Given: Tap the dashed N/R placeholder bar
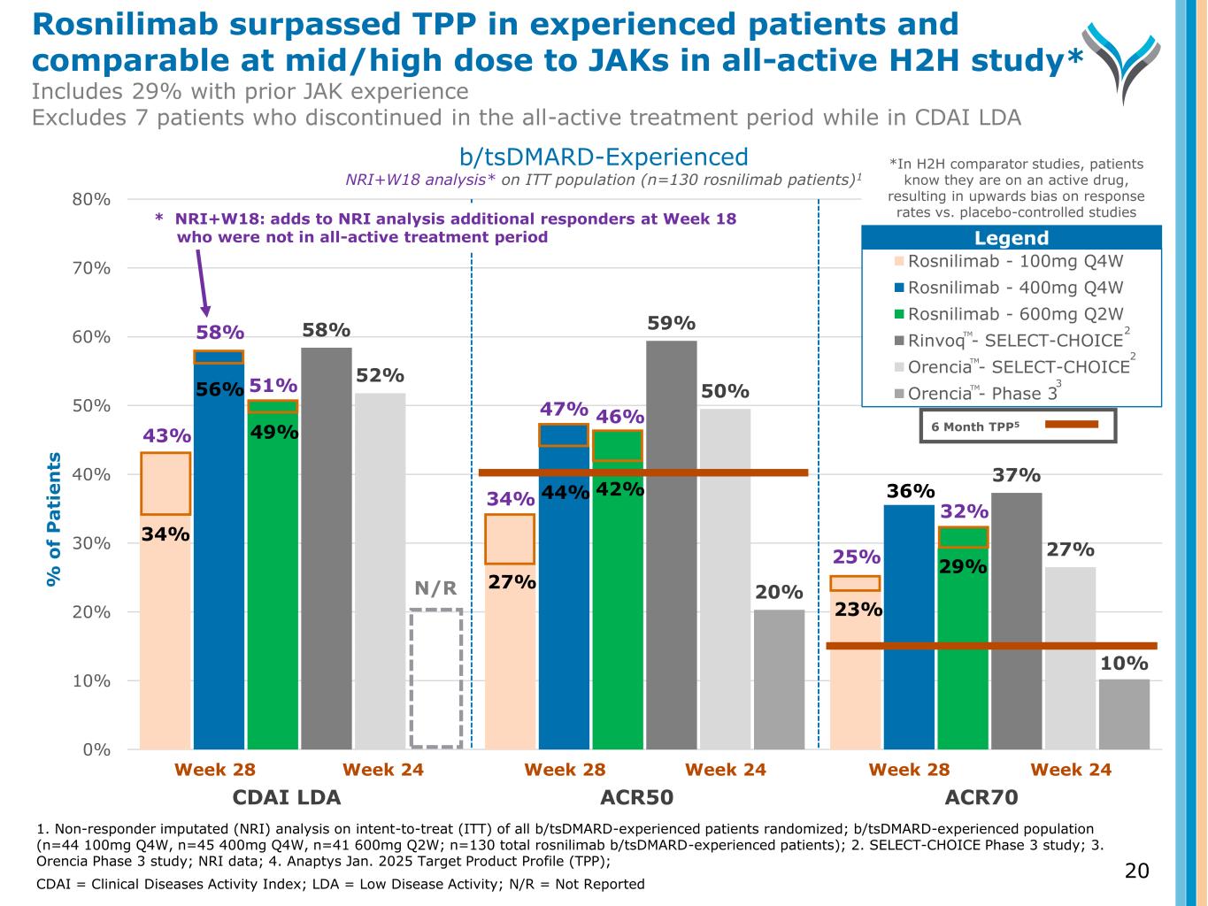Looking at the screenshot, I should tap(435, 678).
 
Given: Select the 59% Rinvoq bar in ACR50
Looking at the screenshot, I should tap(671, 544).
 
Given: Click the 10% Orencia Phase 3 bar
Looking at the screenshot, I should tap(1124, 714).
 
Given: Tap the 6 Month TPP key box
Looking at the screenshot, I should tap(1019, 425).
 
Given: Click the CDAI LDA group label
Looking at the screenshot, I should tap(286, 797).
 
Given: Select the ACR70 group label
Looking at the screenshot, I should tap(981, 797).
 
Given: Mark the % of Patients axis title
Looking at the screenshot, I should tap(55, 519).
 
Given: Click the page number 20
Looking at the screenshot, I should tap(1136, 871).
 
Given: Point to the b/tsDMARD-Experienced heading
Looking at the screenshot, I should tap(604, 157).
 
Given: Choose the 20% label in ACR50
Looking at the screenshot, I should tap(779, 592).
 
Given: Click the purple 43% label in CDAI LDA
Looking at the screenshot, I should tap(166, 435).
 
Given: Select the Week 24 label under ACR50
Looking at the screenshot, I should tap(725, 770).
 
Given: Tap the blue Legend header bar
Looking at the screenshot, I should tap(1011, 238).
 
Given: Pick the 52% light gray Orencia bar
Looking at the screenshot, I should tap(381, 571).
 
